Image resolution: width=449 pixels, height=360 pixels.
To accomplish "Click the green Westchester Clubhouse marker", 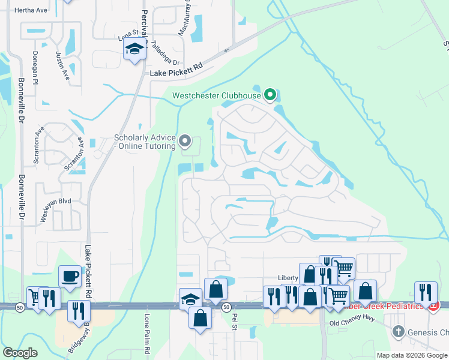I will [x=270, y=94].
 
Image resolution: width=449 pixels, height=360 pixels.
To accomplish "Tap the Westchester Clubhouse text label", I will [x=217, y=95].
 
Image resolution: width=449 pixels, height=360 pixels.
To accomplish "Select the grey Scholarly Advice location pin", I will [x=185, y=142].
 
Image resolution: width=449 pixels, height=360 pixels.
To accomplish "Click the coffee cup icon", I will [x=70, y=276].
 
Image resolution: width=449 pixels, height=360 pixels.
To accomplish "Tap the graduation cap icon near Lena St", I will [x=135, y=49].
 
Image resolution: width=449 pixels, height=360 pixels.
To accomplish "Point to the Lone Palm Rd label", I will [x=147, y=333].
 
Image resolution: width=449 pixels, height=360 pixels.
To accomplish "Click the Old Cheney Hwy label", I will [x=352, y=322].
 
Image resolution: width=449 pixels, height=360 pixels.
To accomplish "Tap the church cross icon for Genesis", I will [x=397, y=332].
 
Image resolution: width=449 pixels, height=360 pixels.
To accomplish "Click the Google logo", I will [x=20, y=353].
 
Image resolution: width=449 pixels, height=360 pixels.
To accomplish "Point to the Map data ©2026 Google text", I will [x=411, y=355].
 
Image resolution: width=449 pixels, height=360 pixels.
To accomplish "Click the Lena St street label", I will [x=128, y=35].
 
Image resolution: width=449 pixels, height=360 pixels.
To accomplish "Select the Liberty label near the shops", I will [x=288, y=278].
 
